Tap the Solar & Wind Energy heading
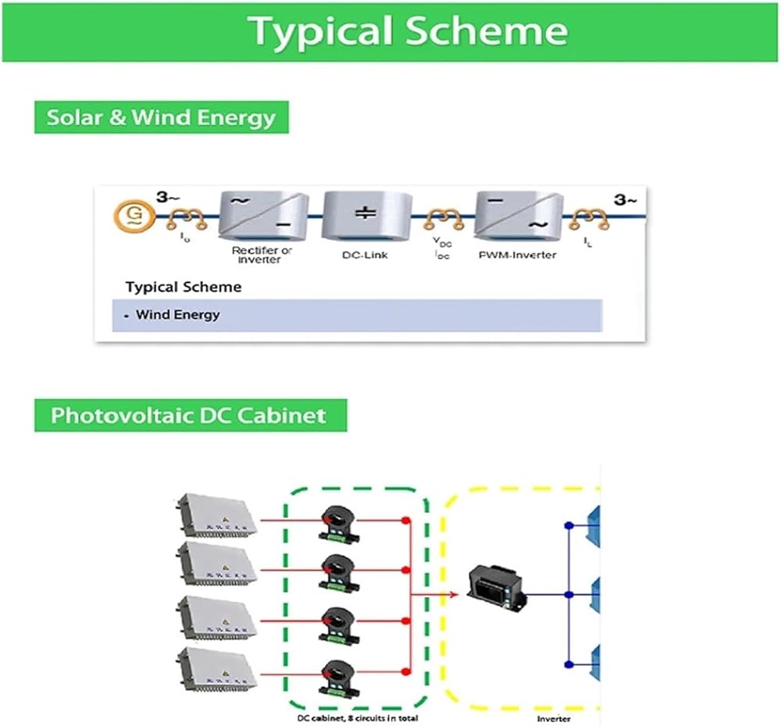[x=161, y=118]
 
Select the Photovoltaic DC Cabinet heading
[x=188, y=414]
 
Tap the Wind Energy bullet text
[x=177, y=315]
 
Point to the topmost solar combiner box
[x=216, y=517]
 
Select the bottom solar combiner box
[x=216, y=672]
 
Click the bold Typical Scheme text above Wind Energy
[x=184, y=287]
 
